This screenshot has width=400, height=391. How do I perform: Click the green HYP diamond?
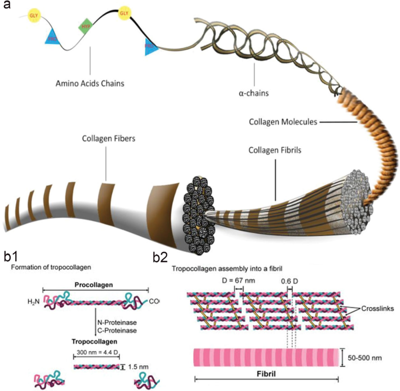point(86,27)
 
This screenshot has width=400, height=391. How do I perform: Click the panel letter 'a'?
point(6,6)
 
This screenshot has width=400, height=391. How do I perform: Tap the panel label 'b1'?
point(13,256)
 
